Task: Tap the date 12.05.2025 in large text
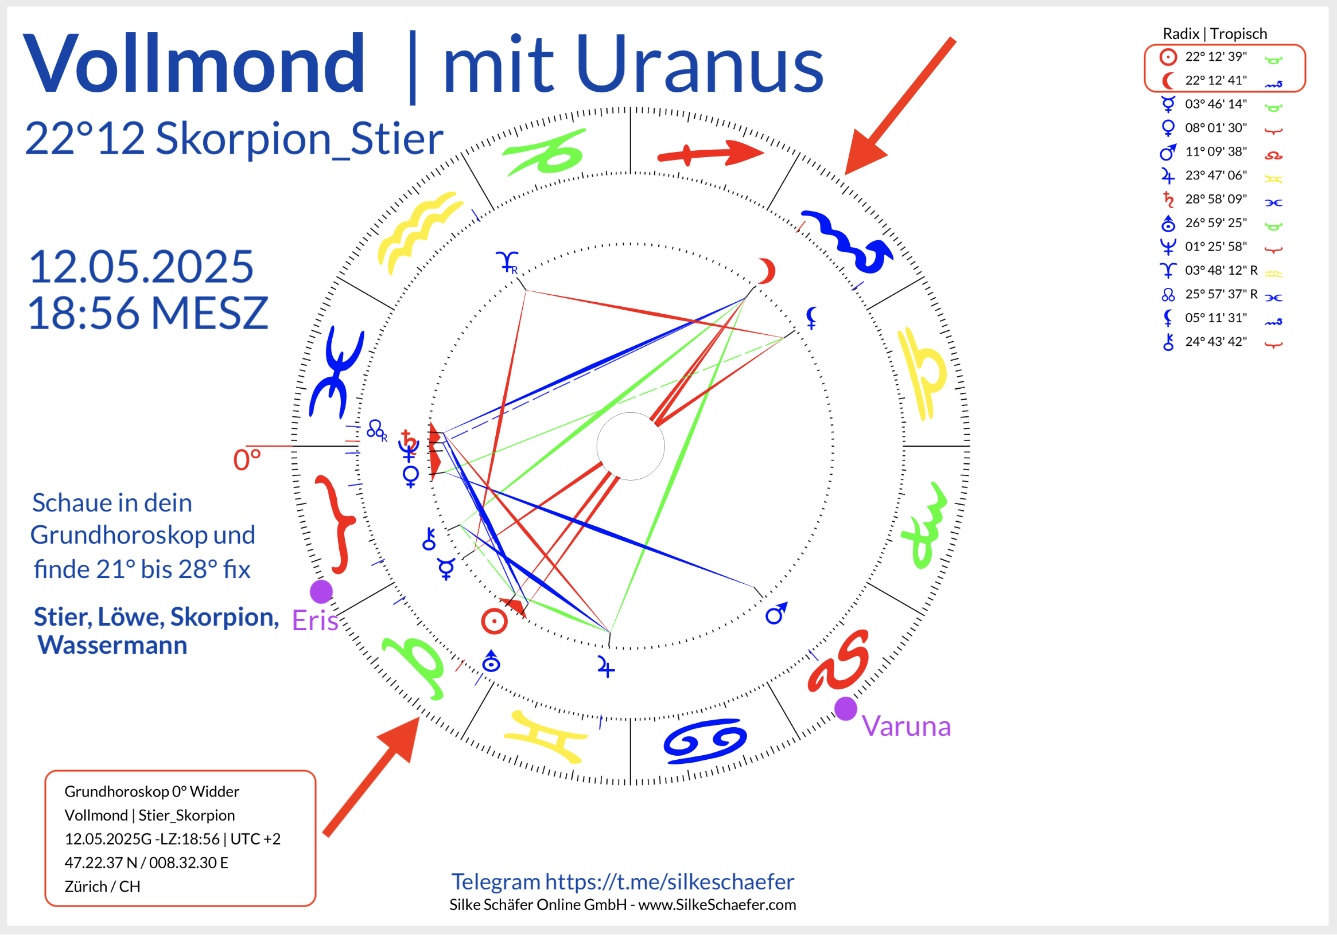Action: point(141,267)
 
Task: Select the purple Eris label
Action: point(315,620)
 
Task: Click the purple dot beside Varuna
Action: point(846,709)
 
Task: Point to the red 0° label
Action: point(247,460)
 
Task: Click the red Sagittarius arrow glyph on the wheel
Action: point(710,154)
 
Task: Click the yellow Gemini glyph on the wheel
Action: point(546,737)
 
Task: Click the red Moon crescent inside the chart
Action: point(768,271)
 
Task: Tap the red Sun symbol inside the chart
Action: point(495,622)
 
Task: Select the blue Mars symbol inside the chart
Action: point(776,614)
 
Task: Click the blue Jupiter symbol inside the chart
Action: point(605,667)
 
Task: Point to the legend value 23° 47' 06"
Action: point(1216,175)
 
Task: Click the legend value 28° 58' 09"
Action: point(1216,199)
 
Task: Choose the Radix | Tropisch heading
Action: point(1215,34)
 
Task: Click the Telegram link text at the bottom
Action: point(623,883)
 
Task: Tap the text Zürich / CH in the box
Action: point(103,887)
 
